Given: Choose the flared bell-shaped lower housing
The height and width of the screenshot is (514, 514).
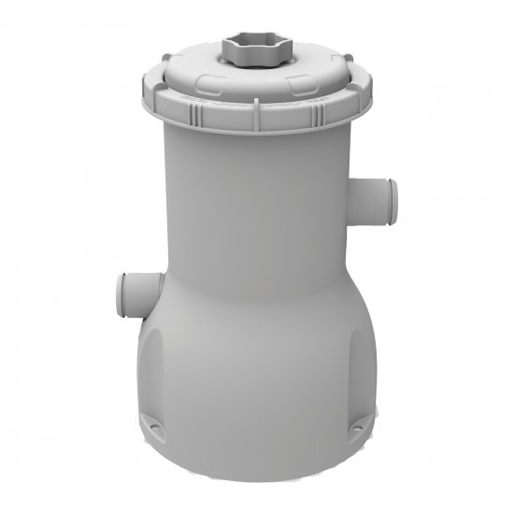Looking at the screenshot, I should [257, 364].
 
